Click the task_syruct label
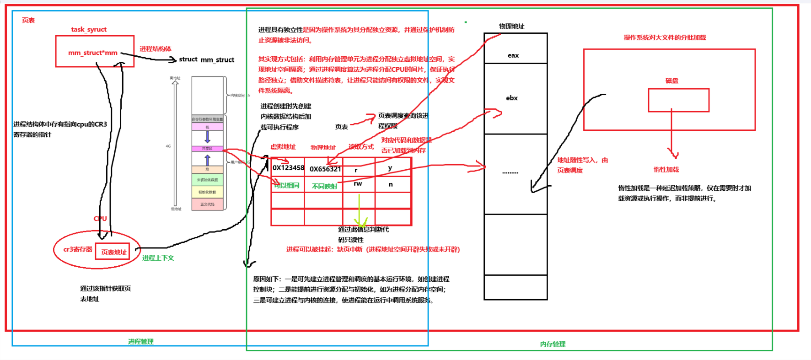89,30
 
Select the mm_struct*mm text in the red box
93,53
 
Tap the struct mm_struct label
206,60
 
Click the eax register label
513,56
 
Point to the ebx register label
512,98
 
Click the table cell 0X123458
288,168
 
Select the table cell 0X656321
325,169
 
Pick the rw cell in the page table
358,184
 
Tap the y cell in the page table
390,168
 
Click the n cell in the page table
391,184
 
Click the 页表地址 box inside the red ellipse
113,252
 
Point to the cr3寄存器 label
78,250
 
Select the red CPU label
100,219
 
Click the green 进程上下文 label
158,258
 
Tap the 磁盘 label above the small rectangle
671,81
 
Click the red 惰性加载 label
666,170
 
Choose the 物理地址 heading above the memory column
511,27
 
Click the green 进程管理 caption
140,342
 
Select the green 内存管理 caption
553,344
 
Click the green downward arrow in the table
360,210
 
